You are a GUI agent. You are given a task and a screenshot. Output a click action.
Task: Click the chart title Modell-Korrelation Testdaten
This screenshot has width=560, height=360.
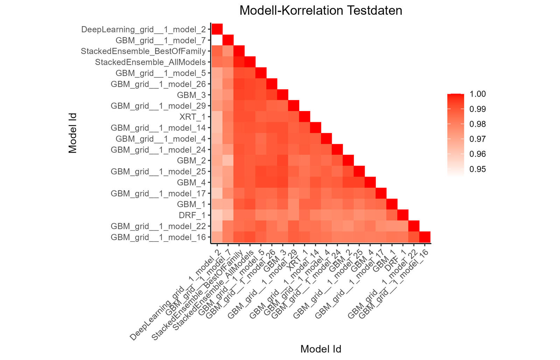coord(321,11)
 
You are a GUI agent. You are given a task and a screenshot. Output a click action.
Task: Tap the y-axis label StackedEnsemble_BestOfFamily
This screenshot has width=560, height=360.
coord(143,51)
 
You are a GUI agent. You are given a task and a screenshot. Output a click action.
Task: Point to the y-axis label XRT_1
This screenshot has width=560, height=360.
coord(192,117)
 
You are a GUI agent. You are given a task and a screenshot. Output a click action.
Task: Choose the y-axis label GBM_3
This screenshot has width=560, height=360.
coord(191,95)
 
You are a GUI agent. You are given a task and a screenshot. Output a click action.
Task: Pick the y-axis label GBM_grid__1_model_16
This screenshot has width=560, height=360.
coord(158,237)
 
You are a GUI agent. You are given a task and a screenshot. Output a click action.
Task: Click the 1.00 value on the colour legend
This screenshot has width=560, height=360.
coord(477,94)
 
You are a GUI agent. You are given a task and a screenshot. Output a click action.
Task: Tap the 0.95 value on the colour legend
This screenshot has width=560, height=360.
coord(477,169)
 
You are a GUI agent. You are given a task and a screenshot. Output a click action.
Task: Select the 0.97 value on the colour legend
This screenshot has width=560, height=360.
coord(477,139)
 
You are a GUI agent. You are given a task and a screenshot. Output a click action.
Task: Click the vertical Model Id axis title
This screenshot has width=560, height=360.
coord(72,133)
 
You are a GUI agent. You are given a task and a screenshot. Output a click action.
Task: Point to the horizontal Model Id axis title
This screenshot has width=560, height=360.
coord(321,349)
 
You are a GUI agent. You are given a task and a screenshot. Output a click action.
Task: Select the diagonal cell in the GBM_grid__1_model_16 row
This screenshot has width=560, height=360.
coord(425,237)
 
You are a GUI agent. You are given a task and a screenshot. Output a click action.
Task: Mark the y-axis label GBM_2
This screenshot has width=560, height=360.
coord(191,160)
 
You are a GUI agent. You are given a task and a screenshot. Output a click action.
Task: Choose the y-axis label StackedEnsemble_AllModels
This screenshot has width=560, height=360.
coord(150,62)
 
